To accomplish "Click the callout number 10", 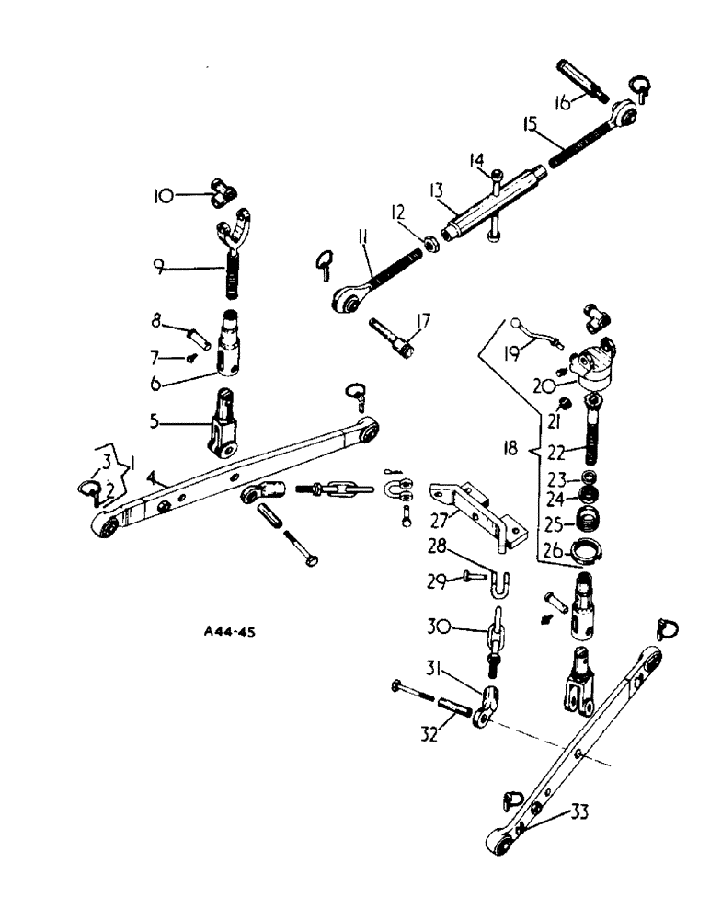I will (x=162, y=195).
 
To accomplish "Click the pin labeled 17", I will (x=394, y=339).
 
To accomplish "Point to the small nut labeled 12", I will (x=429, y=243).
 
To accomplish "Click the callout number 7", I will (x=159, y=356).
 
